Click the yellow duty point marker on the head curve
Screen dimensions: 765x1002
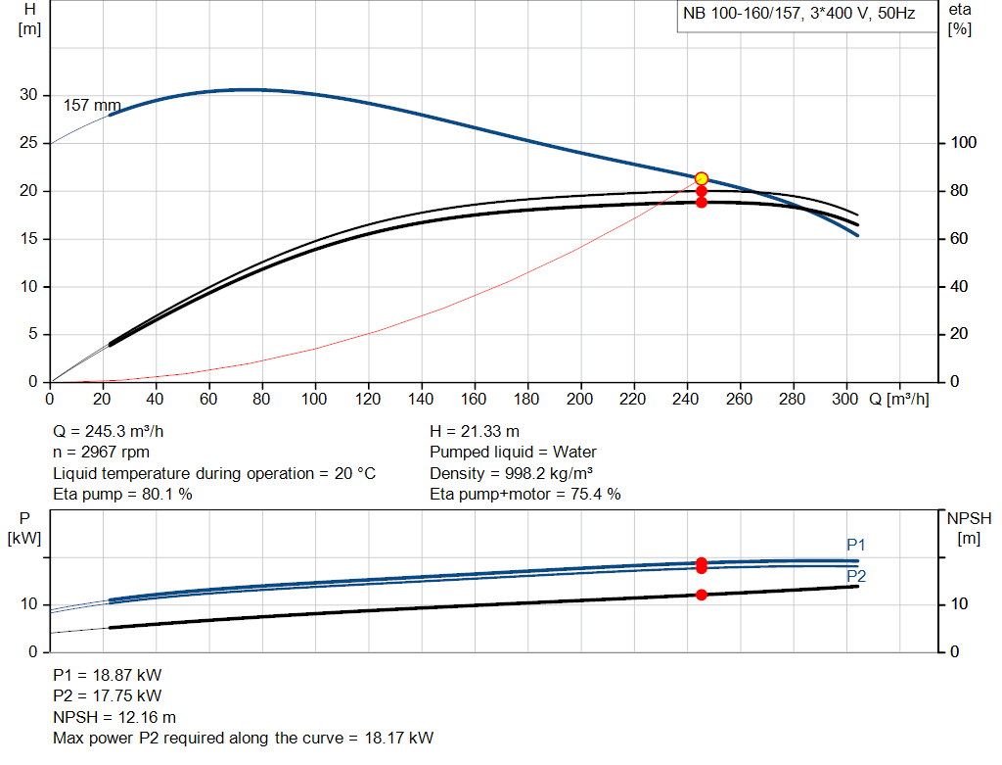point(702,178)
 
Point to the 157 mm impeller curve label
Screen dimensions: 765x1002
point(92,105)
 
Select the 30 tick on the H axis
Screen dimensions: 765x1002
point(29,95)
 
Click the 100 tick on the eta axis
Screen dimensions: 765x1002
point(963,143)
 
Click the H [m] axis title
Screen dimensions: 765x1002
point(29,19)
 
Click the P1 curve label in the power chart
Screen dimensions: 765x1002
point(856,545)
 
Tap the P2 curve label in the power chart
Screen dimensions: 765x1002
point(856,576)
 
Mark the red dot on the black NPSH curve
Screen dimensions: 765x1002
point(702,595)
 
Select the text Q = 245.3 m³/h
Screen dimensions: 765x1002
point(115,431)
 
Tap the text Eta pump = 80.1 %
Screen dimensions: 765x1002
point(122,494)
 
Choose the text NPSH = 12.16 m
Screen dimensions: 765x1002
point(114,717)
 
